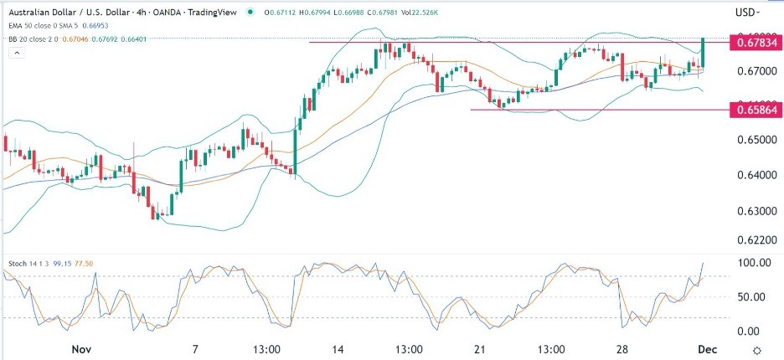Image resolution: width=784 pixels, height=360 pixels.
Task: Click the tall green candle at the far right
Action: point(704,53)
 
